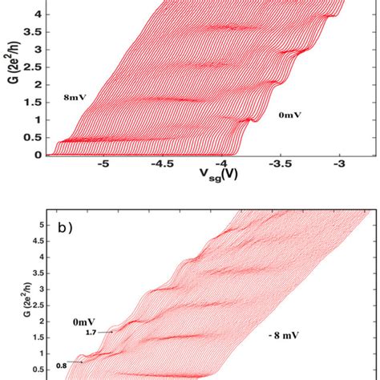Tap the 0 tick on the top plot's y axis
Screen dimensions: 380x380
[x=37, y=155]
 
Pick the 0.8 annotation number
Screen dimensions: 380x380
[x=61, y=366]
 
